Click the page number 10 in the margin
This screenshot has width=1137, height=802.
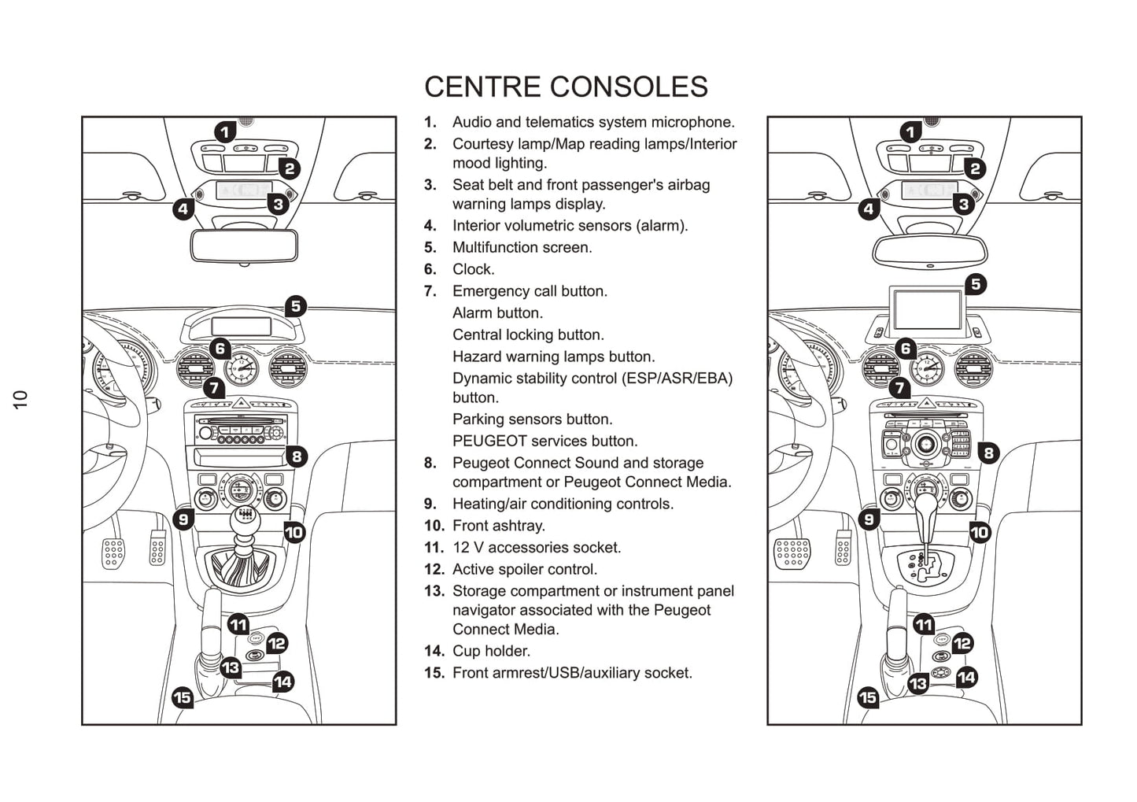(20, 399)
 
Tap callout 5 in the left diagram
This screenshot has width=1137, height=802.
(295, 306)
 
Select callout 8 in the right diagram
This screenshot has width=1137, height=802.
(988, 453)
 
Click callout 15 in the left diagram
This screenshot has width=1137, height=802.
(183, 697)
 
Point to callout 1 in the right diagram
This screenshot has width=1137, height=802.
(911, 132)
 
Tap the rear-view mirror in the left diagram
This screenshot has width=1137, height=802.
(244, 245)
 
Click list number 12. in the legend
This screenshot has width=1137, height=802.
(434, 569)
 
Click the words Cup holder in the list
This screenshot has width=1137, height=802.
(491, 651)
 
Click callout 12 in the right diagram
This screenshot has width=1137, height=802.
(962, 644)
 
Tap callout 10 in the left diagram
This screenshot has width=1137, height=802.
(293, 533)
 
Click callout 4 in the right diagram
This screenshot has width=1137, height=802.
(869, 209)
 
